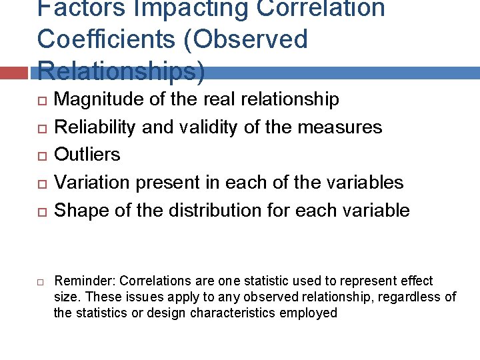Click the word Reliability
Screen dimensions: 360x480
point(96,127)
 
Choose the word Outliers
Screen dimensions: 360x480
point(87,155)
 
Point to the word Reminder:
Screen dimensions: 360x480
point(84,281)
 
